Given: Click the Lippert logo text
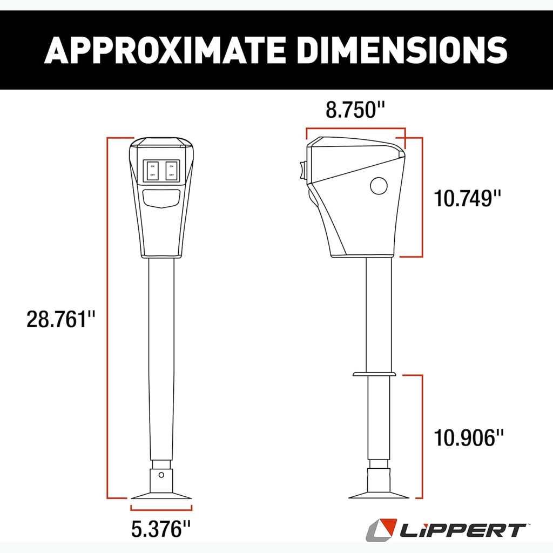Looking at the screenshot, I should (462, 529).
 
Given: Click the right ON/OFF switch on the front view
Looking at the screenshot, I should (171, 171).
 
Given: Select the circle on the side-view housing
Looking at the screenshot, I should (379, 186).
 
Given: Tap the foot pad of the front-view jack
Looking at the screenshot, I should (161, 494).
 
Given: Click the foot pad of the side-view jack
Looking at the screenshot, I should (378, 494).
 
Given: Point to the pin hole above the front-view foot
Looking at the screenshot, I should (160, 475).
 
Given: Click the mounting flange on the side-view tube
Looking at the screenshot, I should (374, 373).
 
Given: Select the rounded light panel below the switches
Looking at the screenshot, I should (161, 199).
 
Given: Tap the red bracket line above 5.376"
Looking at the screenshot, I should (161, 507).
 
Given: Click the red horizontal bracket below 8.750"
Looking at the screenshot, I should (355, 129).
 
